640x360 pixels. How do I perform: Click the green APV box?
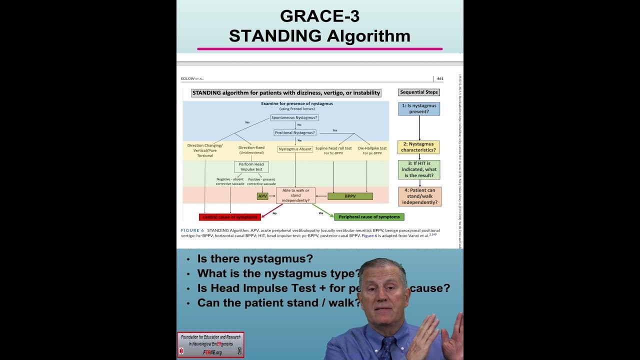point(263,196)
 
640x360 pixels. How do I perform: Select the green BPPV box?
point(350,196)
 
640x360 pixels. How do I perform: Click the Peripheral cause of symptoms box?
point(369,217)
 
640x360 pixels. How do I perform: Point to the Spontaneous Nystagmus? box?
point(294,117)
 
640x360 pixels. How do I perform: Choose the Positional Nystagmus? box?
point(295,132)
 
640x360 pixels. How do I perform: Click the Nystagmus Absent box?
point(295,149)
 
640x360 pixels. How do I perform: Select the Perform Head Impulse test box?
point(251,166)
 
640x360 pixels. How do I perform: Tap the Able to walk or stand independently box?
point(295,195)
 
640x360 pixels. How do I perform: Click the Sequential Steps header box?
point(419,92)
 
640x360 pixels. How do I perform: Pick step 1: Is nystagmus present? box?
point(419,108)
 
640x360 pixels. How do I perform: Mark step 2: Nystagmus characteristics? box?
point(418,147)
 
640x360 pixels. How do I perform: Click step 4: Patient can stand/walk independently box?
point(419,196)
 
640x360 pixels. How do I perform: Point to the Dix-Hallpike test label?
point(372,148)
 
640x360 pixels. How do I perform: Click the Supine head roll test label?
point(333,148)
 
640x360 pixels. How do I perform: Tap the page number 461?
point(440,78)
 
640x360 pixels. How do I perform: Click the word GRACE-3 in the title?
point(319,16)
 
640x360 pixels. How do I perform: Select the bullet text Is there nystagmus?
point(255,259)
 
